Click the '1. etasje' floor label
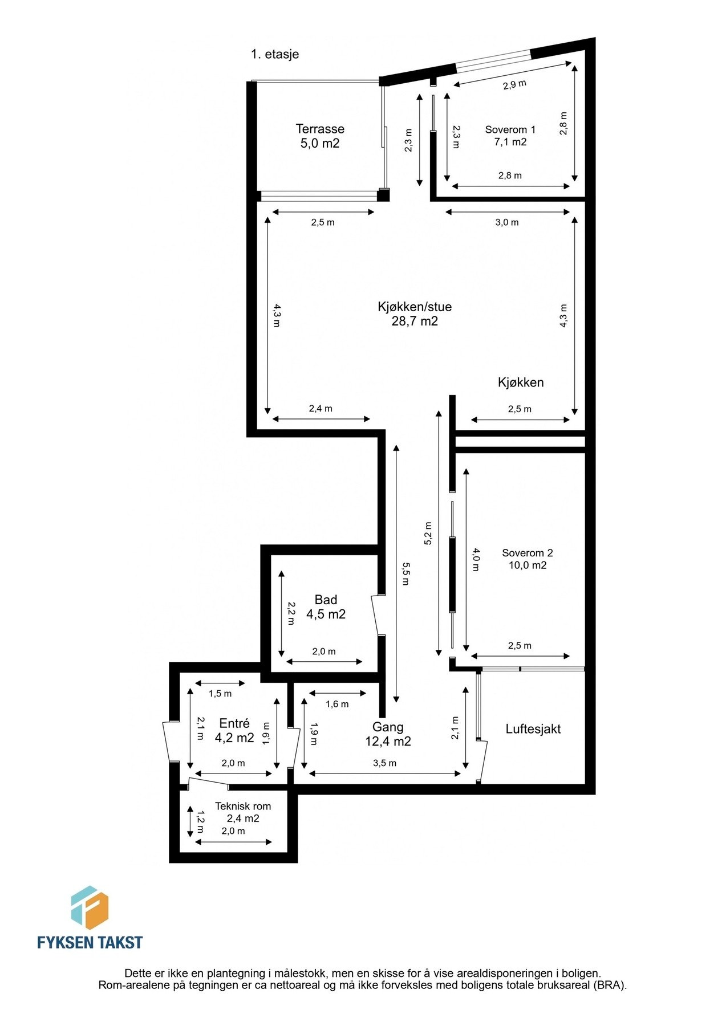coord(275,54)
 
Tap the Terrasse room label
coord(320,129)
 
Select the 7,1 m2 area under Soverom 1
coord(510,142)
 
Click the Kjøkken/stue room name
coord(415,307)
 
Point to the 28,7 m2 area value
coord(415,321)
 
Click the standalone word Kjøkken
coord(521,382)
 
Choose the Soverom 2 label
coord(528,553)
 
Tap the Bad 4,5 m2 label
coord(326,607)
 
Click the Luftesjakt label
coord(533,729)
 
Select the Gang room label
coord(388,727)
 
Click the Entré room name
coord(234,724)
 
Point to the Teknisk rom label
coord(243,807)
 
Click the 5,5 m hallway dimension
coord(405,573)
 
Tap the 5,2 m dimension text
coord(428,534)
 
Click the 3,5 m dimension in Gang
coord(384,763)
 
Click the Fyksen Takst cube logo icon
coord(90,908)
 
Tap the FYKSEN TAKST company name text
coord(90,942)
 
